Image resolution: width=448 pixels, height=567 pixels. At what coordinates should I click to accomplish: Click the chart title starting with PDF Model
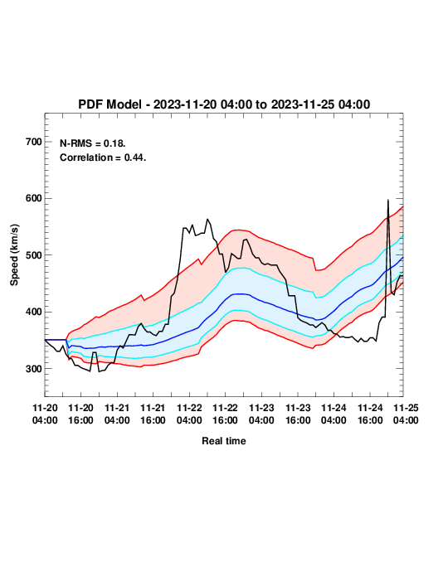pyautogui.click(x=224, y=104)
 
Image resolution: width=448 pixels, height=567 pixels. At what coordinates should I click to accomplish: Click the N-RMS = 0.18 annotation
pyautogui.click(x=93, y=143)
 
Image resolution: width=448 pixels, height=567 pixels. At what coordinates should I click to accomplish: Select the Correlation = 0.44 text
pyautogui.click(x=103, y=157)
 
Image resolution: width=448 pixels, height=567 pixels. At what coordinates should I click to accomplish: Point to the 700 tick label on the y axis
pyautogui.click(x=34, y=142)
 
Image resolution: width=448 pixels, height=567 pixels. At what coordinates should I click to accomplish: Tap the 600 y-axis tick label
pyautogui.click(x=34, y=198)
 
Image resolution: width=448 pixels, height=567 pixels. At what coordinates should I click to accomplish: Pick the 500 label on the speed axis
pyautogui.click(x=34, y=255)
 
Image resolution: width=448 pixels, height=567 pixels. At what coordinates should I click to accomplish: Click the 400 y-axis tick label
pyautogui.click(x=34, y=312)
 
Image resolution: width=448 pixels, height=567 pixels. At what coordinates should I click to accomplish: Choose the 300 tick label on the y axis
pyautogui.click(x=34, y=369)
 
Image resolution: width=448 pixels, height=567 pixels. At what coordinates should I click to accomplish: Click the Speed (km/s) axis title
pyautogui.click(x=14, y=255)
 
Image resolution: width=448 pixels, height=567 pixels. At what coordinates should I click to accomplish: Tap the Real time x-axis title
pyautogui.click(x=224, y=441)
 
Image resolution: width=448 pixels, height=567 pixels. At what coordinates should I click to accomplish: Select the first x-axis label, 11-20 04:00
pyautogui.click(x=45, y=414)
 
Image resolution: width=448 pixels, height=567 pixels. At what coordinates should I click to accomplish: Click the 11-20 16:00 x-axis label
pyautogui.click(x=80, y=414)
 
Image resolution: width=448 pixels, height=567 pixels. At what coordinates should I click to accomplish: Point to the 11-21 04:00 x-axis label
pyautogui.click(x=117, y=414)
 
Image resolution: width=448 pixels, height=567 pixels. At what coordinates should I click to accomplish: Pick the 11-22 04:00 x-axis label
pyautogui.click(x=189, y=414)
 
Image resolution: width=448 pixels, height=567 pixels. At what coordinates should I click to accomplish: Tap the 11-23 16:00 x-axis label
pyautogui.click(x=298, y=414)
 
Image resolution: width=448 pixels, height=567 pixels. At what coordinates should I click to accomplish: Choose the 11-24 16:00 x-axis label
pyautogui.click(x=370, y=414)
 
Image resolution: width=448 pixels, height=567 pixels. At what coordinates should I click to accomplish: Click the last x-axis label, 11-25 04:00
pyautogui.click(x=406, y=414)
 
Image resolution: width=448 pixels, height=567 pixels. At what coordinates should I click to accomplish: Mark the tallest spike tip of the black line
pyautogui.click(x=388, y=200)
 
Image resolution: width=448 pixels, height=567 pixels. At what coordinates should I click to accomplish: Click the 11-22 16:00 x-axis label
pyautogui.click(x=225, y=414)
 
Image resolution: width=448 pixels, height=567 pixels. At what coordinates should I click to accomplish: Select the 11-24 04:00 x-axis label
pyautogui.click(x=334, y=414)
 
